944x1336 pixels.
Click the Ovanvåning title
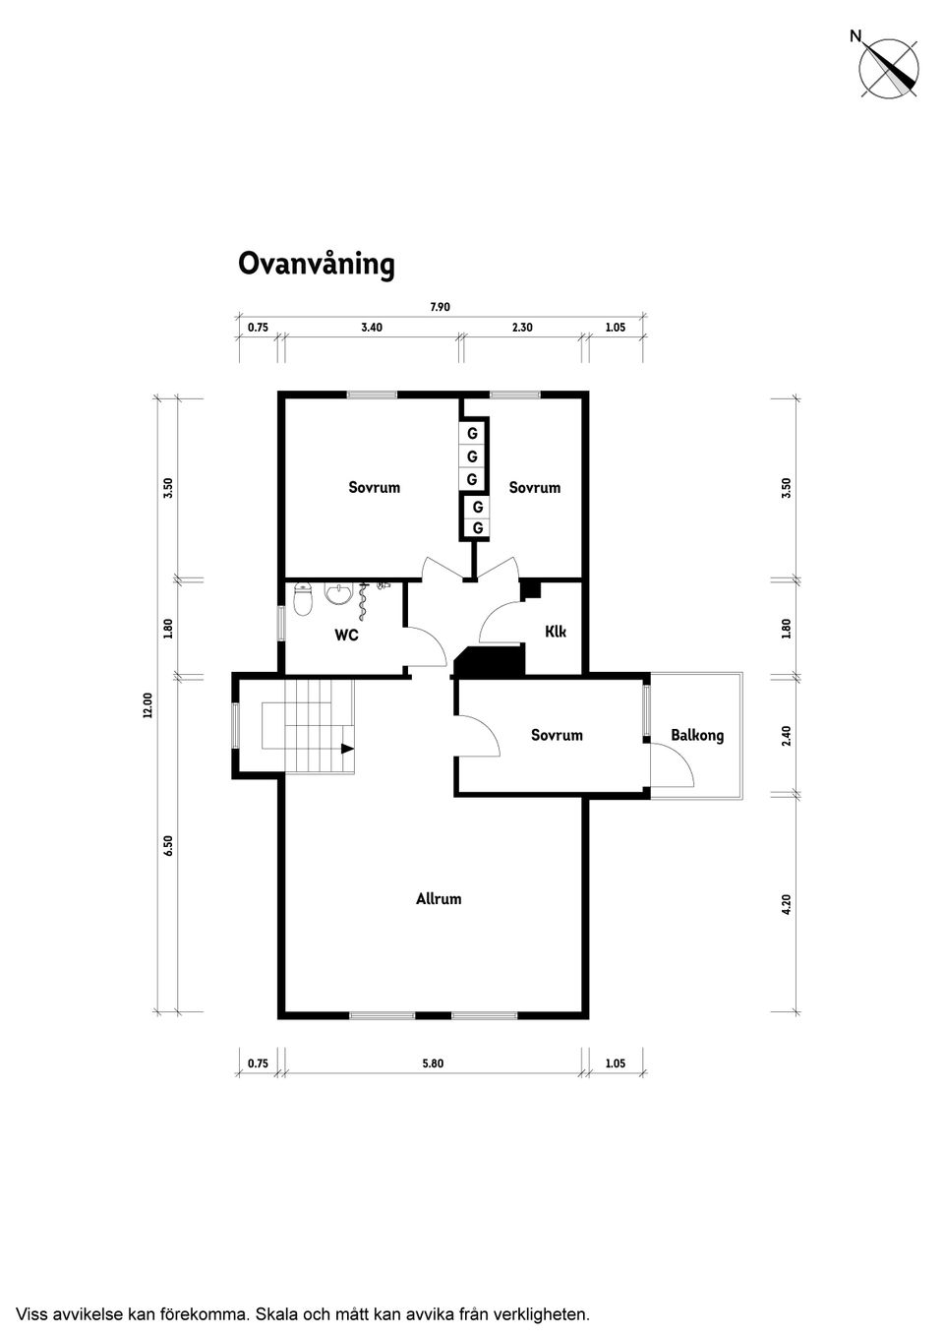[x=317, y=265]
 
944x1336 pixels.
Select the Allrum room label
[x=439, y=898]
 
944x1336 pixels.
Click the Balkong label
[x=697, y=735]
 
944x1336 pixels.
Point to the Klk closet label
[x=556, y=632]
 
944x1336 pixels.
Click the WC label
[x=346, y=636]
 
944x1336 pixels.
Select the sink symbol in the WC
[x=338, y=595]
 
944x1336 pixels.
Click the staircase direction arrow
[x=346, y=749]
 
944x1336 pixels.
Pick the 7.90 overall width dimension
[x=440, y=307]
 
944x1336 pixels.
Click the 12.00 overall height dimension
[x=147, y=704]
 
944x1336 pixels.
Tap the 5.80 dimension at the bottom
[x=433, y=1063]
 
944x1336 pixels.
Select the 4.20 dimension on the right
[x=786, y=904]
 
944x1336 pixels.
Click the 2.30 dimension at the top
[x=522, y=328]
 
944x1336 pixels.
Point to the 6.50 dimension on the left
[x=168, y=846]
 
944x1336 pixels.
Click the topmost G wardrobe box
[x=472, y=433]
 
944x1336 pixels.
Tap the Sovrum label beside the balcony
[x=557, y=735]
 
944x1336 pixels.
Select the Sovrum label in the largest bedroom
[x=375, y=487]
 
